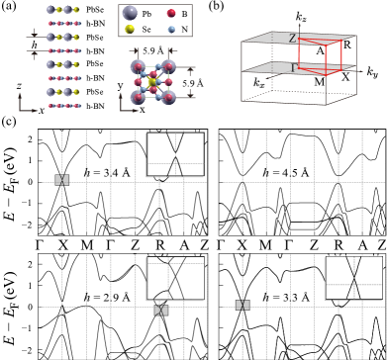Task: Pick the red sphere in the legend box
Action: [x=171, y=14]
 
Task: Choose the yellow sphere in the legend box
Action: [x=130, y=30]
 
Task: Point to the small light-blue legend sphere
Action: [x=171, y=30]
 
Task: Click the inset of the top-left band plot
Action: [x=175, y=154]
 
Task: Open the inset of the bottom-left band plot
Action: [x=175, y=278]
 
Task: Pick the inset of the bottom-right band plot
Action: [x=353, y=277]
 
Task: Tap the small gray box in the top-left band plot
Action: [x=62, y=180]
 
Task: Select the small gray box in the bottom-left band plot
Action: [x=161, y=310]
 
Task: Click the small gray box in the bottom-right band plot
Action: [x=242, y=305]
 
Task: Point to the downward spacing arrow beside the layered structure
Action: [x=37, y=34]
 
